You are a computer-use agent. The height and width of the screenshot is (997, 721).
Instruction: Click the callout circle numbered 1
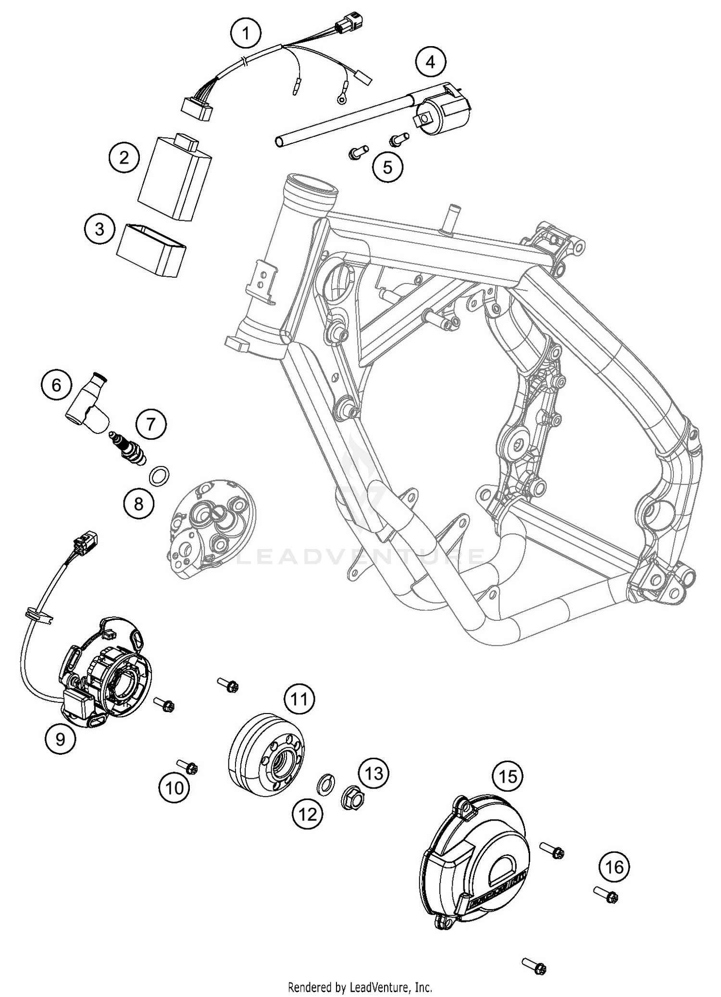pos(246,34)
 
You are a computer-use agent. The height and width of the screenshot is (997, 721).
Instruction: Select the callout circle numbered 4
pos(430,62)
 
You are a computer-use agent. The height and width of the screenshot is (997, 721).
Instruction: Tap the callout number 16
pos(614,867)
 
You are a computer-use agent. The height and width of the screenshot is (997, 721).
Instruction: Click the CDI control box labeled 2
pos(174,178)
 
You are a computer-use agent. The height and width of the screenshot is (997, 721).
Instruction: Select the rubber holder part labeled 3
pos(152,250)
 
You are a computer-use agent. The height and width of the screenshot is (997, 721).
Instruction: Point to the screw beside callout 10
pos(188,766)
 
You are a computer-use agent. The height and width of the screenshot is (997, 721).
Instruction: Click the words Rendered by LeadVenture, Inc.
pos(360,987)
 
